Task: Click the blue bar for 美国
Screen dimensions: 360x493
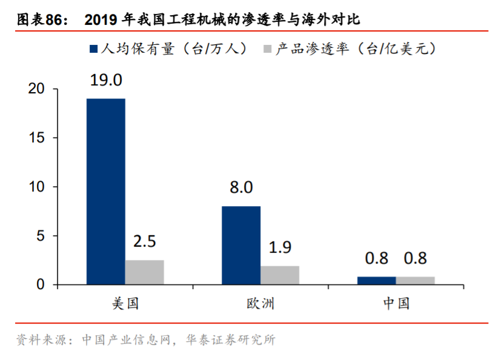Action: (x=105, y=191)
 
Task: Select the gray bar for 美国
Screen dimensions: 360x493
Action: (x=144, y=272)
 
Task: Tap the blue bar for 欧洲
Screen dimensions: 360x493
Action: (x=241, y=245)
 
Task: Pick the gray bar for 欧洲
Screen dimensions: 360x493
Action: (x=280, y=275)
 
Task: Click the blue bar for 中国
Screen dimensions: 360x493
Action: (x=376, y=281)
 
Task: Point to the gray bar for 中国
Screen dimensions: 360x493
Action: (x=415, y=281)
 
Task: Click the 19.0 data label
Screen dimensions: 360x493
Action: (x=105, y=80)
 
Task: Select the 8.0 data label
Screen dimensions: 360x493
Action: (x=241, y=187)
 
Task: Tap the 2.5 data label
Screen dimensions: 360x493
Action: (x=144, y=241)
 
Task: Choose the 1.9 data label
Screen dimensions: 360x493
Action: (x=280, y=247)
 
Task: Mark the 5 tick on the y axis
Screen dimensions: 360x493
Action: (x=41, y=236)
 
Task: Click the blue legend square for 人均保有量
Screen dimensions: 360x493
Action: (x=93, y=48)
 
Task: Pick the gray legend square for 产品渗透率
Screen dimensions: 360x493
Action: (x=267, y=48)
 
